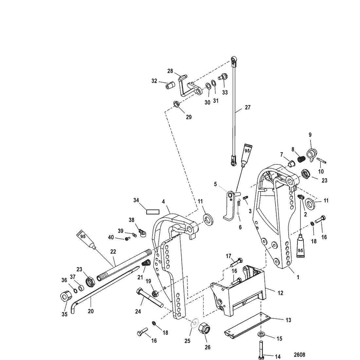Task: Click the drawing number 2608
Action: tap(299, 354)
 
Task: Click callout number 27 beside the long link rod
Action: tap(247, 107)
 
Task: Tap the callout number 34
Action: tap(136, 200)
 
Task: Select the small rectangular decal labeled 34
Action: tap(152, 212)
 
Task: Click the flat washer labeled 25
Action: tap(194, 323)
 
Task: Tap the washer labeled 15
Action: tap(261, 334)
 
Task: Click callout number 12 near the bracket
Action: tap(280, 293)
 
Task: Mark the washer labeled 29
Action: tap(176, 104)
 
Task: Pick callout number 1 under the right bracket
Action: tap(298, 277)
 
